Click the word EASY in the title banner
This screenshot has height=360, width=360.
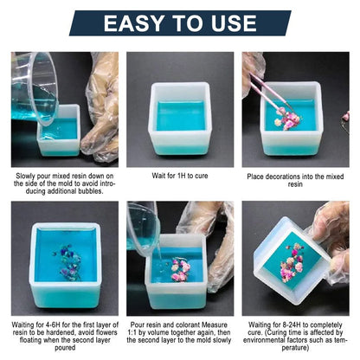tap(141, 23)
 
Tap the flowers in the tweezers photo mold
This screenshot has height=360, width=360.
tap(289, 120)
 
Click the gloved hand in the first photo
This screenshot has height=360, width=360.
tap(101, 108)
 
